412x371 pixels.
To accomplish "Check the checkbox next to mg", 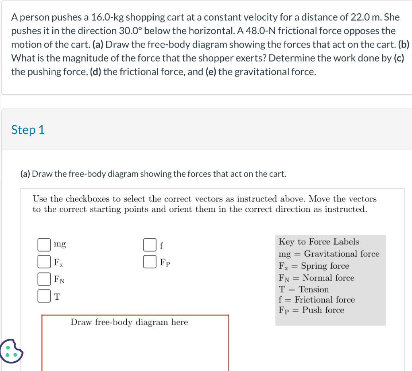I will tap(44, 245).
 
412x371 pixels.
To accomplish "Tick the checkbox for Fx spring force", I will tap(44, 262).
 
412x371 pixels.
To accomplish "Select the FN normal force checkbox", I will tap(44, 279).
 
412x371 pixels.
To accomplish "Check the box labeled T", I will tap(44, 296).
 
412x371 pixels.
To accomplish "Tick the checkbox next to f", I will tap(150, 245).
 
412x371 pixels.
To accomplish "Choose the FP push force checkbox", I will tap(150, 262).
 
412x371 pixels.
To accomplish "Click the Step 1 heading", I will tap(28, 130).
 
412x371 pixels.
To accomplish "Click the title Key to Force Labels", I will tap(319, 242).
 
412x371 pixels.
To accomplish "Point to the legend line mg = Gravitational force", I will tap(329, 254).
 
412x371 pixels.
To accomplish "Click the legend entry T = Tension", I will tap(304, 289).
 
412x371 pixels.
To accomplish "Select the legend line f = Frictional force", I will tap(317, 300).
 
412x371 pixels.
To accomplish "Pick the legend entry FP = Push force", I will tap(311, 310).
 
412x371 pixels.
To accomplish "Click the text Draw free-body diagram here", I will tap(129, 322).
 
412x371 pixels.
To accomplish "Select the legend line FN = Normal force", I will tap(316, 278).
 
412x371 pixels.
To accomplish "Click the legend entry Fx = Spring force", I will tap(314, 266).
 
